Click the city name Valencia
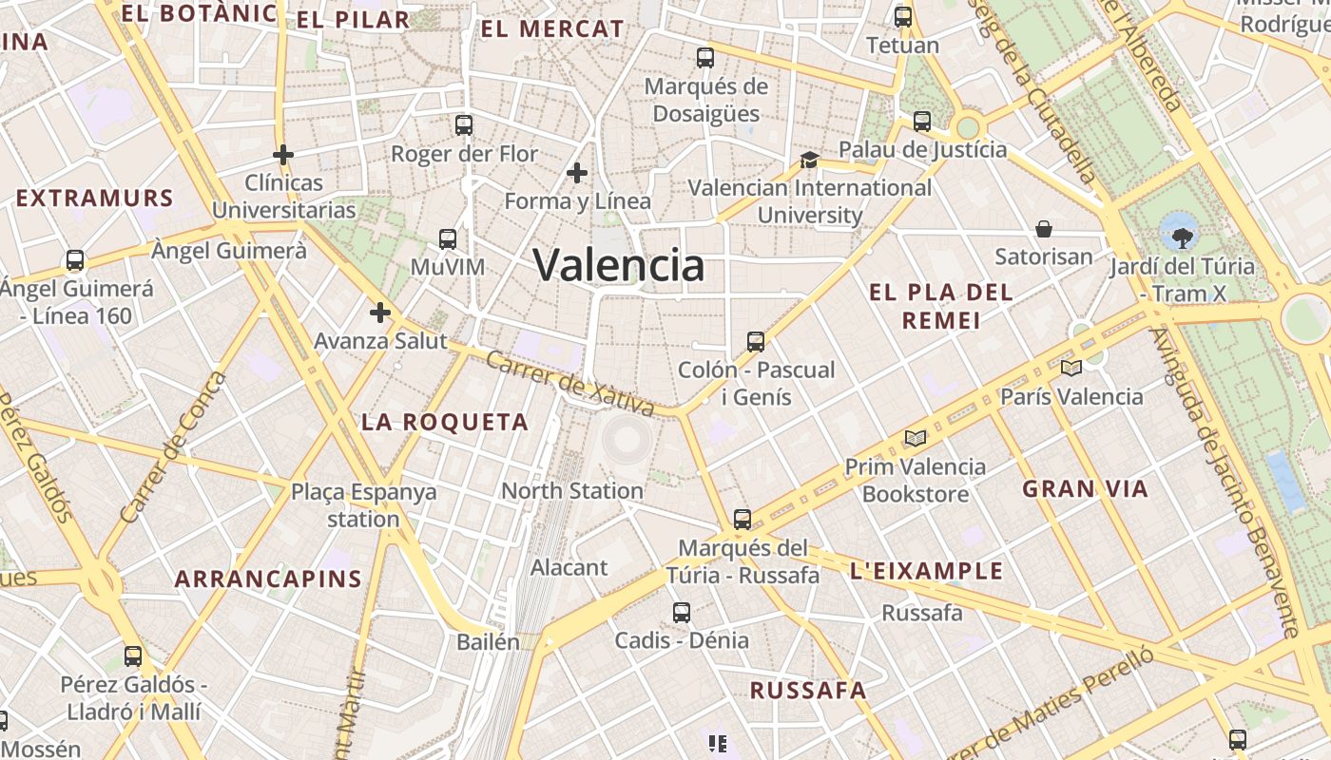click(619, 265)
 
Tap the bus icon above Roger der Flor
click(464, 124)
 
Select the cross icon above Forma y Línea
click(576, 173)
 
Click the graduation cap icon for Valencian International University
click(809, 160)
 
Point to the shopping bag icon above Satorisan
click(1044, 229)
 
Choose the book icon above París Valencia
click(1071, 368)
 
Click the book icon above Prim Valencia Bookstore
click(916, 438)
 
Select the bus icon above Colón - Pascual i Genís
click(756, 341)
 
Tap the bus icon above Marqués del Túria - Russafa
click(743, 520)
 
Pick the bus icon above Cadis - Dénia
click(682, 613)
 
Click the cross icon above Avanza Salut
click(380, 313)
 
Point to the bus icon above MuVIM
click(448, 239)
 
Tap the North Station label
click(572, 491)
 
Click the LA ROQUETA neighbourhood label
click(444, 423)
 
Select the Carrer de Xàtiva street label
click(569, 384)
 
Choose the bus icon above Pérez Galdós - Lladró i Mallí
click(133, 656)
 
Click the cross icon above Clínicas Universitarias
click(283, 154)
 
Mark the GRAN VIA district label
click(1085, 489)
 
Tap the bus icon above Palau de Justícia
click(922, 122)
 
